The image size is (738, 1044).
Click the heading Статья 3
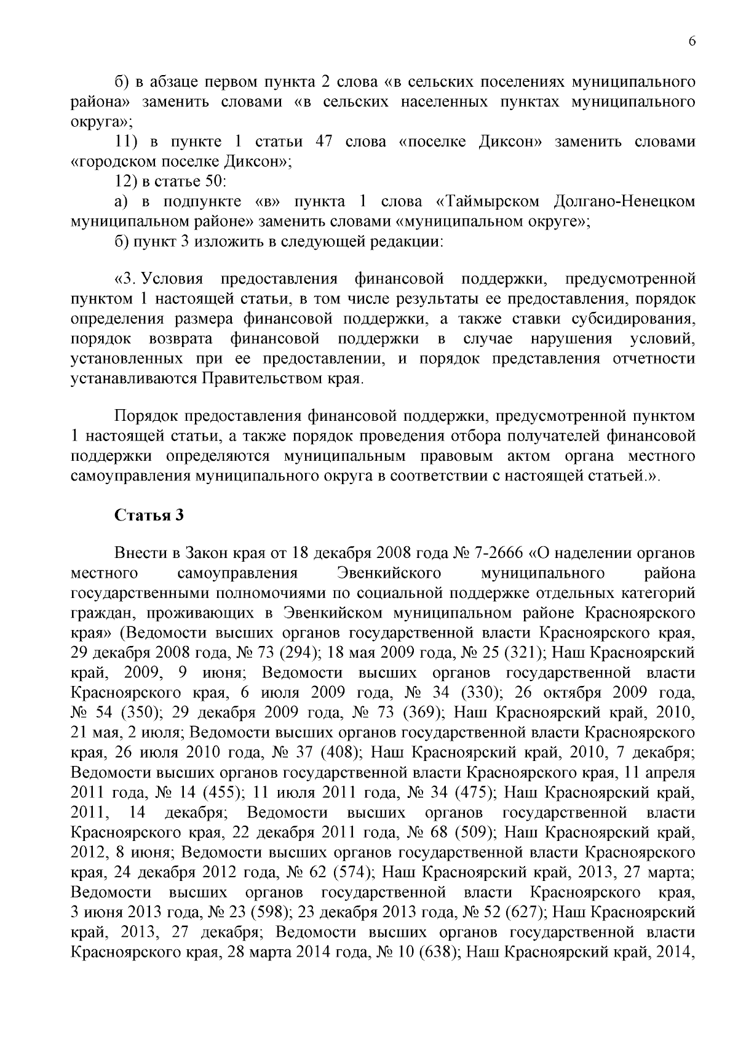(x=149, y=515)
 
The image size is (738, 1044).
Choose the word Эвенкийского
(x=390, y=573)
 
